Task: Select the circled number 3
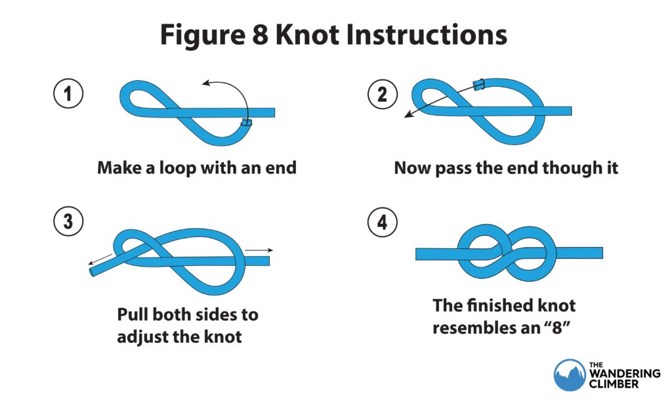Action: (68, 222)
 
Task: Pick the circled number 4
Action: (382, 222)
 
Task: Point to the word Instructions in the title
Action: (430, 35)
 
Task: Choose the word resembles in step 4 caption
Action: (476, 327)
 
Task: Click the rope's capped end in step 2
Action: (478, 83)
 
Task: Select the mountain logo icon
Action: (568, 374)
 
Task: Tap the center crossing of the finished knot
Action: (509, 253)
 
